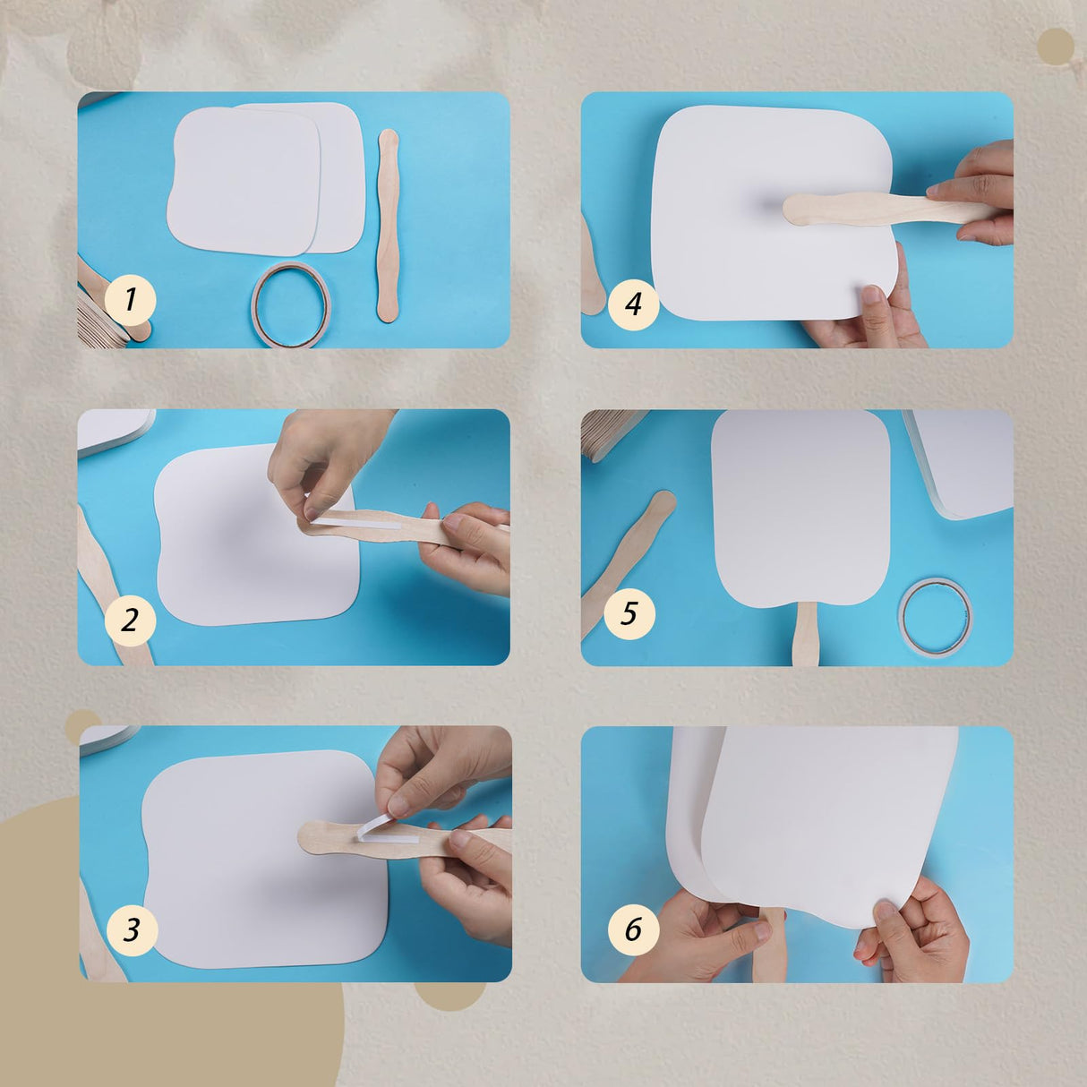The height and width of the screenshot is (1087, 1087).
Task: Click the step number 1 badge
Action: pyautogui.click(x=130, y=300)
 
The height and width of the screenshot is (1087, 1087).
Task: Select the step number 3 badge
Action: pyautogui.click(x=132, y=929)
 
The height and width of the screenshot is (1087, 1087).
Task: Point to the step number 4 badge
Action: pyautogui.click(x=633, y=304)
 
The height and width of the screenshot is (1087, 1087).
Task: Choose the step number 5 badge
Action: pyautogui.click(x=629, y=613)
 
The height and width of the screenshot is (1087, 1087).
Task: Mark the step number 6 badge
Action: pyautogui.click(x=633, y=929)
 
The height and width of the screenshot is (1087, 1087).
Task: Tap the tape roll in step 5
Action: pyautogui.click(x=936, y=617)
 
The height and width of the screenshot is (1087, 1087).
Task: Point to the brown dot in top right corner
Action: pyautogui.click(x=1056, y=46)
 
